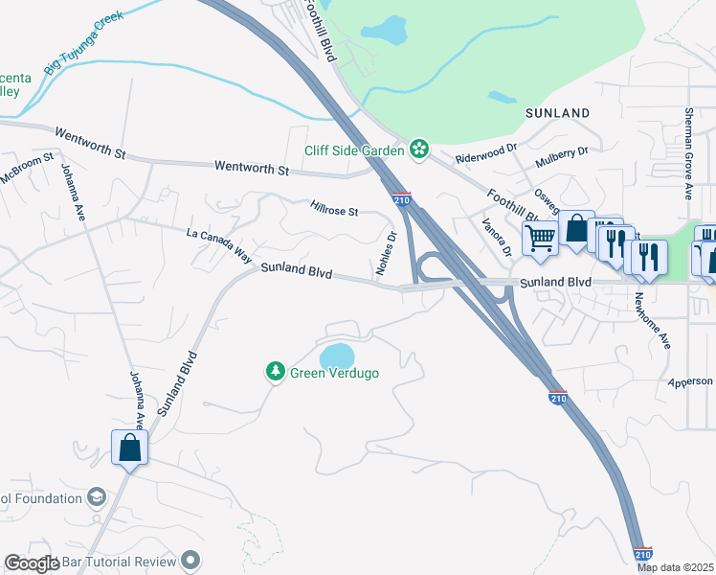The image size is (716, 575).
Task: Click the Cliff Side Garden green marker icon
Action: pyautogui.click(x=418, y=149)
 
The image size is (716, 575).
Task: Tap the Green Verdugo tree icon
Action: pyautogui.click(x=275, y=371)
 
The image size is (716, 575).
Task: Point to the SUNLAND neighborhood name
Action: pyautogui.click(x=558, y=113)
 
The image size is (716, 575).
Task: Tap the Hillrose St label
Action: pyautogui.click(x=334, y=209)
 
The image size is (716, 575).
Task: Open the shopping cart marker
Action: pyautogui.click(x=541, y=240)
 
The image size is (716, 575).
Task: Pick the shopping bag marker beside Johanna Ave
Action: pyautogui.click(x=130, y=448)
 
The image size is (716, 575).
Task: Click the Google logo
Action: pyautogui.click(x=32, y=563)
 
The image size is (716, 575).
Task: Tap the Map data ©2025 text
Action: pyautogui.click(x=674, y=567)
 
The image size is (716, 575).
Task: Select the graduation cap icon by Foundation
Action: pyautogui.click(x=96, y=496)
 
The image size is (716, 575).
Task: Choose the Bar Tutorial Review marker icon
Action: pyautogui.click(x=190, y=561)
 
